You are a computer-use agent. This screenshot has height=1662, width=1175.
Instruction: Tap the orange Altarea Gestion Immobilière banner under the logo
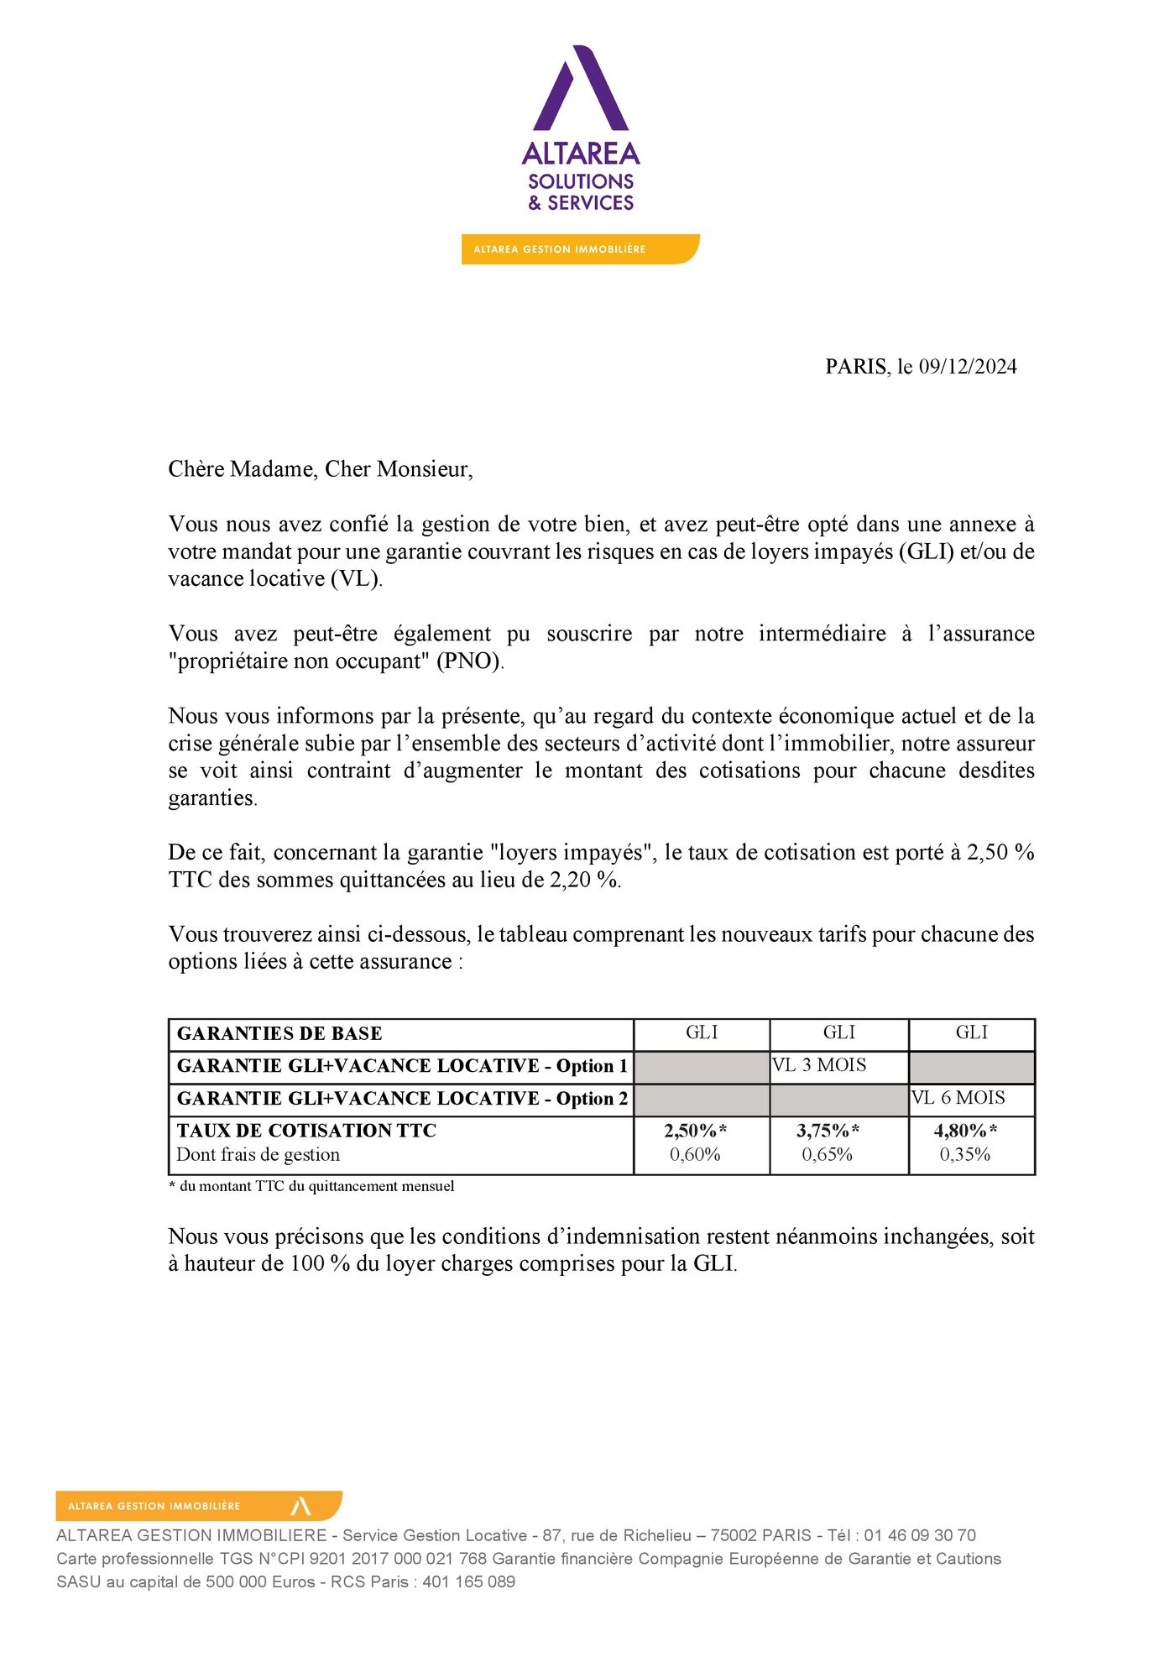[579, 249]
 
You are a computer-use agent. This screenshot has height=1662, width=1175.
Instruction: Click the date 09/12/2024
[968, 367]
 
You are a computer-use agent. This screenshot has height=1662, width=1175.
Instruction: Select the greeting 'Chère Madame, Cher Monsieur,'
[321, 469]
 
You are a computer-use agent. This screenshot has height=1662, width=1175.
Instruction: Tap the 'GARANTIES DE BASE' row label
[279, 1034]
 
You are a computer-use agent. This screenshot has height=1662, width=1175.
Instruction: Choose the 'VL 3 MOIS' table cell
[819, 1066]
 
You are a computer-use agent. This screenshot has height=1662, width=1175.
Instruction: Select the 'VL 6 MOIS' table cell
[958, 1099]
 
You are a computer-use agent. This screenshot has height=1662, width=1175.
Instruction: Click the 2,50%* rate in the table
[695, 1132]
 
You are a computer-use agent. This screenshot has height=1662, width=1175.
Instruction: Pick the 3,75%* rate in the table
[828, 1132]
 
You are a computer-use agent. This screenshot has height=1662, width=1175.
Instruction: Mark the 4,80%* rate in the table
[965, 1132]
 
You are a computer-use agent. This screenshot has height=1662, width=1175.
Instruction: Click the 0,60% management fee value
[695, 1155]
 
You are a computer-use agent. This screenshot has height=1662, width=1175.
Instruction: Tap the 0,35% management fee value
[965, 1155]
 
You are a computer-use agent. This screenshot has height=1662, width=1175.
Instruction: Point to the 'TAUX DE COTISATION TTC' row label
[306, 1132]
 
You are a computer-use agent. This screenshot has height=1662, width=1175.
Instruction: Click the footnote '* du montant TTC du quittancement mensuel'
[311, 1187]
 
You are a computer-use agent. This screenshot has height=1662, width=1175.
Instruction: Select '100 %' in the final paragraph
[321, 1264]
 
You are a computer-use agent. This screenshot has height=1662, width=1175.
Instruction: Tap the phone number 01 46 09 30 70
[920, 1536]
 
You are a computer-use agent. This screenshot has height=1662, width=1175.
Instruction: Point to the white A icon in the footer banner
[300, 1507]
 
